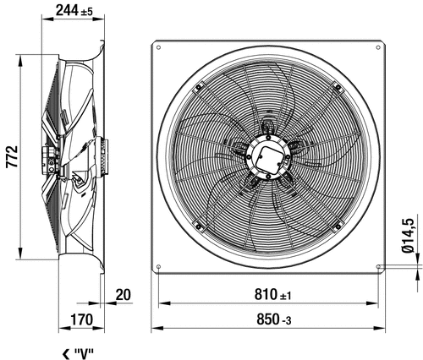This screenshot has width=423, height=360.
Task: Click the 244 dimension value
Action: click(67, 11)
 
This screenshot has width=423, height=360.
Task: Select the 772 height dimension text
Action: click(12, 156)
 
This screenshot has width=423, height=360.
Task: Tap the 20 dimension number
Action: click(124, 295)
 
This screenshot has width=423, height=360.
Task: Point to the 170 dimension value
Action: click(81, 320)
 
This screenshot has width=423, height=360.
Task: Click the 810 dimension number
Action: click(266, 295)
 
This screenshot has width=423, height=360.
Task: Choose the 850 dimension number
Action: click(268, 319)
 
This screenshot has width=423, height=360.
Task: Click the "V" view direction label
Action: click(84, 353)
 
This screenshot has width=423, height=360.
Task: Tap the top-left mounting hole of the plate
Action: click(158, 47)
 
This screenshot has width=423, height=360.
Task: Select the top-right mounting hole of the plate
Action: click(378, 47)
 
